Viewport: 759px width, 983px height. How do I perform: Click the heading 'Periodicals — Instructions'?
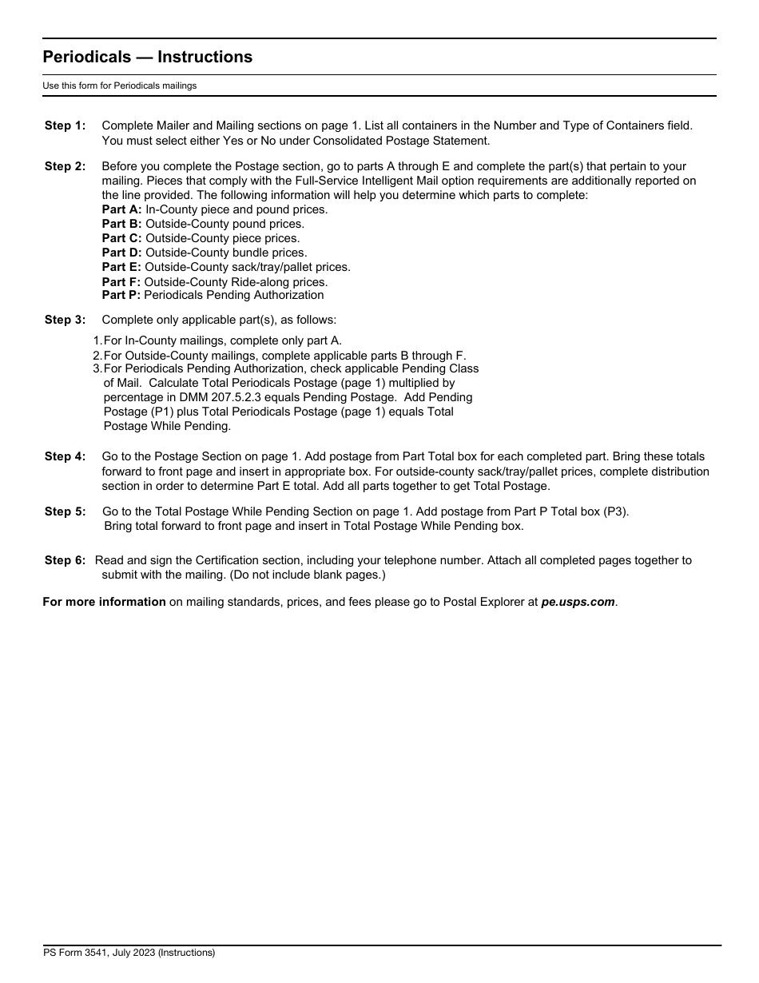[x=147, y=57]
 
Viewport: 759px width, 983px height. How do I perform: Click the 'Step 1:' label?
[x=65, y=125]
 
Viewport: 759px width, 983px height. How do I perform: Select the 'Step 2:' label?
[x=65, y=166]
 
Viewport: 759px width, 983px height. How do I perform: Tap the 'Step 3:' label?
[x=65, y=320]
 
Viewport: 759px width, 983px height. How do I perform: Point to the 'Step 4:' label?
[x=65, y=456]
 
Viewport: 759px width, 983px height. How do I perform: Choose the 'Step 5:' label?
[x=65, y=511]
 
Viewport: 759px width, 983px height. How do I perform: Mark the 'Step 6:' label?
[x=65, y=560]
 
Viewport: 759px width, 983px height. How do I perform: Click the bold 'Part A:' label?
[x=121, y=209]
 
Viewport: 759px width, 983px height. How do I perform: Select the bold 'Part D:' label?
[x=121, y=253]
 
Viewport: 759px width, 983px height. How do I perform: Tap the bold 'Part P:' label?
[x=121, y=295]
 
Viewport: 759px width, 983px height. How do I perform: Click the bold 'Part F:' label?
[x=121, y=282]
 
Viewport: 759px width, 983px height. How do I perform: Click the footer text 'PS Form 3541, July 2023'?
[x=129, y=953]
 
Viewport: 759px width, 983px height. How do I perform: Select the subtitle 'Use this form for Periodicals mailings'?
[x=120, y=86]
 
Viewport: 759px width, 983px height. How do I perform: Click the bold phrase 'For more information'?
[x=104, y=603]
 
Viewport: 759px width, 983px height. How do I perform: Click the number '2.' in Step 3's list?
[x=97, y=355]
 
